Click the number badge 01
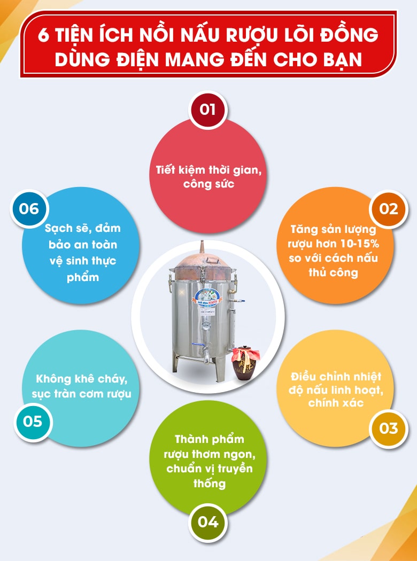pyautogui.click(x=207, y=110)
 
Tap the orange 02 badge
pyautogui.click(x=389, y=208)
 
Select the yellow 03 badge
pyautogui.click(x=389, y=428)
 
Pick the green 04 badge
pyautogui.click(x=207, y=521)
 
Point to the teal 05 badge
pyautogui.click(x=32, y=421)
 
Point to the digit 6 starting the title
pyautogui.click(x=45, y=36)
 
